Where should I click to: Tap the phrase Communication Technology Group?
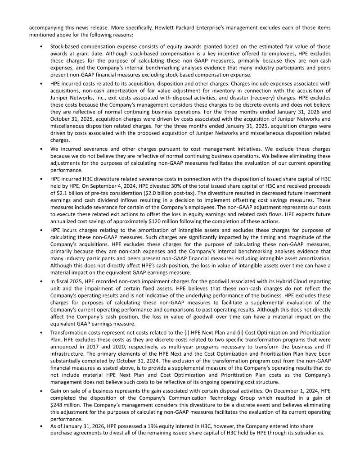pos(202,397)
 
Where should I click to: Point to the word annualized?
pos(65,221)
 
